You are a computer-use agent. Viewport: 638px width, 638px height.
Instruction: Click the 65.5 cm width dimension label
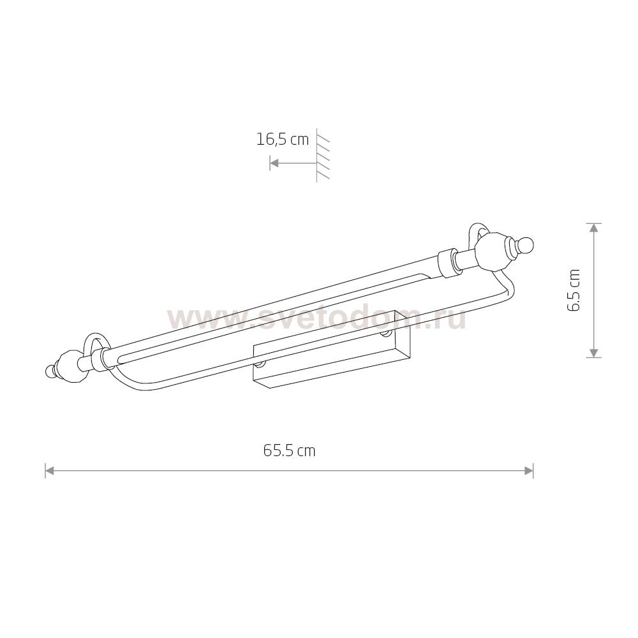(x=289, y=451)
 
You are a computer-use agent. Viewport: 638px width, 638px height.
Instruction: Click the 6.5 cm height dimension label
(x=574, y=290)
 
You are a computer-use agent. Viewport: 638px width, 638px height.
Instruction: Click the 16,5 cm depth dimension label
(x=283, y=140)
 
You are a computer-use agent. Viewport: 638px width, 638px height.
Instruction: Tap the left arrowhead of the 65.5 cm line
(x=50, y=471)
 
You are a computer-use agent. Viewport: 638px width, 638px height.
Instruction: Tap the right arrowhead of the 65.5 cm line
(x=528, y=471)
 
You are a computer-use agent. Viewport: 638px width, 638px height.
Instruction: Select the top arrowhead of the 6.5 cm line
(x=595, y=228)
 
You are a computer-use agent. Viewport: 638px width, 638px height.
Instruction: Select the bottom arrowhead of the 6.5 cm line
(x=595, y=353)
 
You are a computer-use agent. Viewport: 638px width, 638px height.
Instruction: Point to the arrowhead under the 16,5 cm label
(x=274, y=163)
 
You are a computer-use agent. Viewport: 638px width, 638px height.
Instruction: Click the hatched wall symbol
(x=323, y=156)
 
